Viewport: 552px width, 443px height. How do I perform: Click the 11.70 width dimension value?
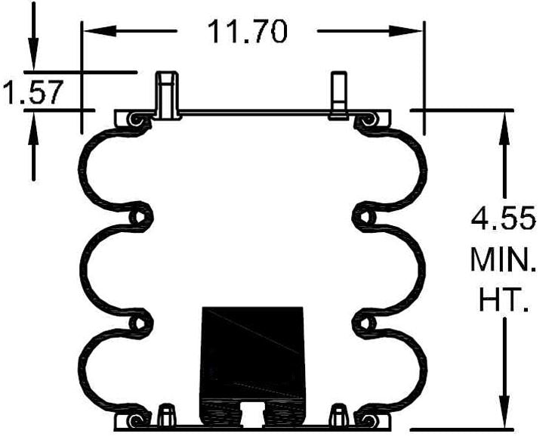click(x=248, y=32)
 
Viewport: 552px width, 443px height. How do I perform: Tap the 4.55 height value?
click(x=504, y=220)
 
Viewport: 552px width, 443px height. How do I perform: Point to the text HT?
click(x=504, y=302)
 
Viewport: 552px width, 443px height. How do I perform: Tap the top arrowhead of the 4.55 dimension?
click(x=502, y=121)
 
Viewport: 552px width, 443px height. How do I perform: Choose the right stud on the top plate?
click(x=338, y=94)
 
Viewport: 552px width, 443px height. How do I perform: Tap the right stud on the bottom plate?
click(x=340, y=414)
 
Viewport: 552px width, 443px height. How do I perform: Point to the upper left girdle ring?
click(x=138, y=217)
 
